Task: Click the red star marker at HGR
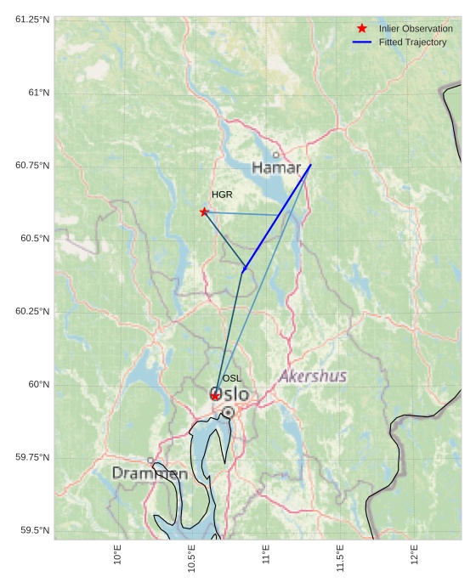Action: point(204,212)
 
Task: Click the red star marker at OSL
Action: point(216,396)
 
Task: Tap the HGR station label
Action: point(222,195)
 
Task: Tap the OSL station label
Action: point(232,378)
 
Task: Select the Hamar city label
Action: point(276,168)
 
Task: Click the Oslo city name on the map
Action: point(230,395)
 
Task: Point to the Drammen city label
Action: point(150,473)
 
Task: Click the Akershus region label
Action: point(313,376)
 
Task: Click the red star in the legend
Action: point(362,29)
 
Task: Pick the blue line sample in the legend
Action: point(362,42)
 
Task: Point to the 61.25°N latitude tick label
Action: point(32,19)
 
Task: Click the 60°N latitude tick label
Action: point(38,384)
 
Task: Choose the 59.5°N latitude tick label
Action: point(35,530)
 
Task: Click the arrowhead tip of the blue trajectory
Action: point(243,272)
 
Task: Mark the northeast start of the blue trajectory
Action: point(311,164)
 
